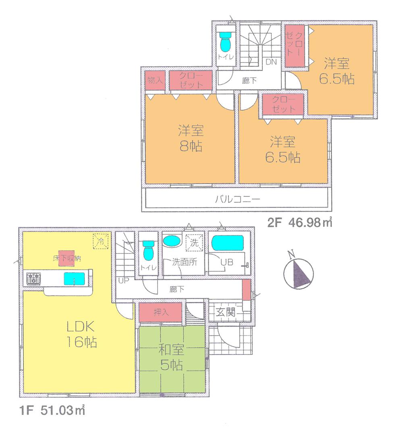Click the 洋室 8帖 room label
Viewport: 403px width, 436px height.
click(x=191, y=138)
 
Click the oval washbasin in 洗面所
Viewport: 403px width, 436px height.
click(x=172, y=241)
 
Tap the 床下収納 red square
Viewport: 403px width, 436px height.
click(x=66, y=258)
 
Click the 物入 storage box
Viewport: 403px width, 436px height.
click(x=155, y=80)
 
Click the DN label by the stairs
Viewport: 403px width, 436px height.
click(x=271, y=62)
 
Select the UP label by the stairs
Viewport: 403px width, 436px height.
click(x=123, y=280)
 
